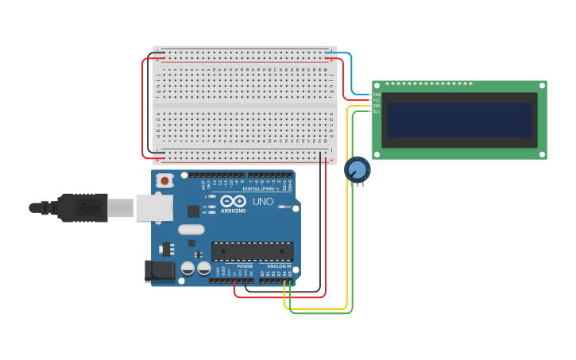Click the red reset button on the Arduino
164,180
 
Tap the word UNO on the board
263,202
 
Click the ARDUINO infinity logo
233,201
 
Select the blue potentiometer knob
358,169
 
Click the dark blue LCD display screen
459,120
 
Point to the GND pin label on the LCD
377,95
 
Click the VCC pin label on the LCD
377,100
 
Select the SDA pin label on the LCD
377,106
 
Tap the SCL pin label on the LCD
377,111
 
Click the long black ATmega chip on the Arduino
252,251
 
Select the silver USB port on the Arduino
153,207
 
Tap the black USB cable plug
83,207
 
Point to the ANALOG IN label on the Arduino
273,266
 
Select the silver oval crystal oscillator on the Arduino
191,230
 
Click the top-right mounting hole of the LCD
542,86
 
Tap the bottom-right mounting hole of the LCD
542,154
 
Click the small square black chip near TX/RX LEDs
193,211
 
